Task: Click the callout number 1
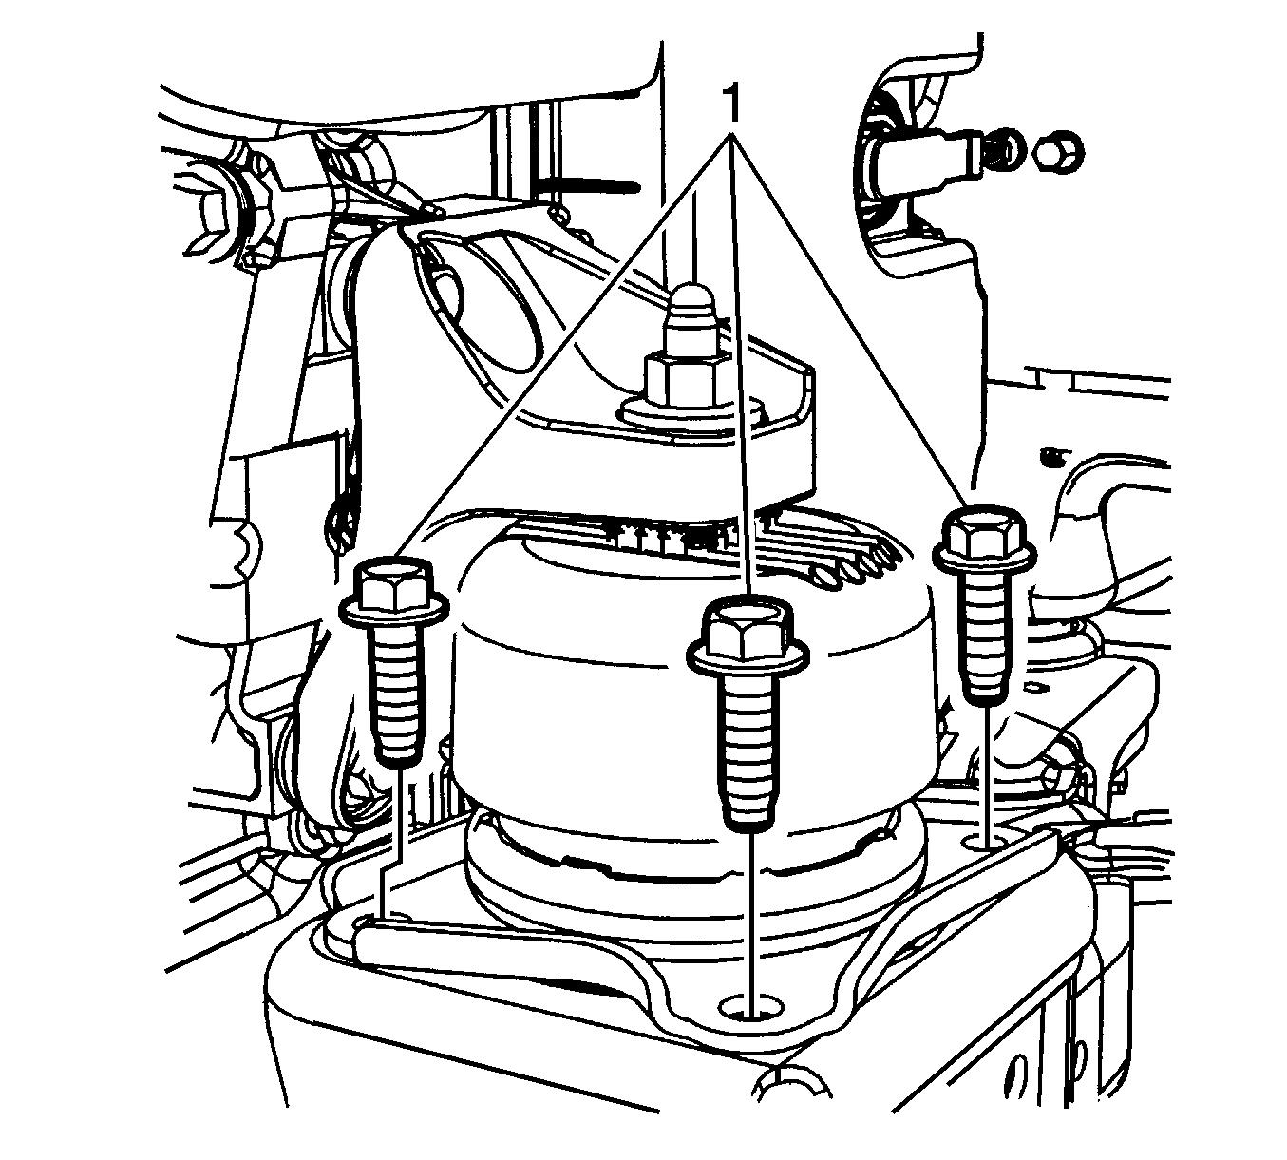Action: click(732, 102)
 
